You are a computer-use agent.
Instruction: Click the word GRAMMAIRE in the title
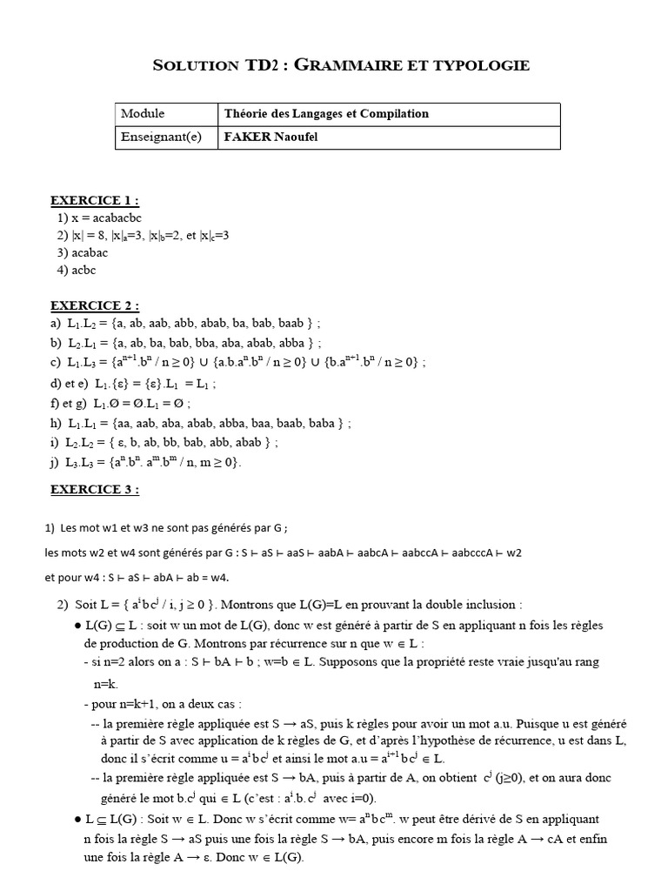363,65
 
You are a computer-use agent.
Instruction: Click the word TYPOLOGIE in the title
481,65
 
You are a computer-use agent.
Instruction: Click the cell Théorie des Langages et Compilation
326,114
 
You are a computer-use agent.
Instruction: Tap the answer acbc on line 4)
83,270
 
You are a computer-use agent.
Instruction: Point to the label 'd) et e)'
70,383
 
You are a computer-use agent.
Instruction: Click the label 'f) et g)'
69,404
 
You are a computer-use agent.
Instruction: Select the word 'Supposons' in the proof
372,662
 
